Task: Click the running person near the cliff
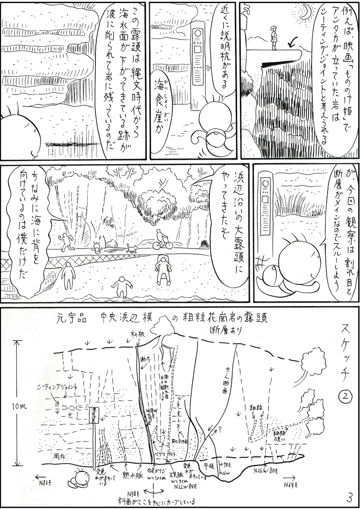click(x=66, y=242)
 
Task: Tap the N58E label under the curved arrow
click(x=134, y=491)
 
